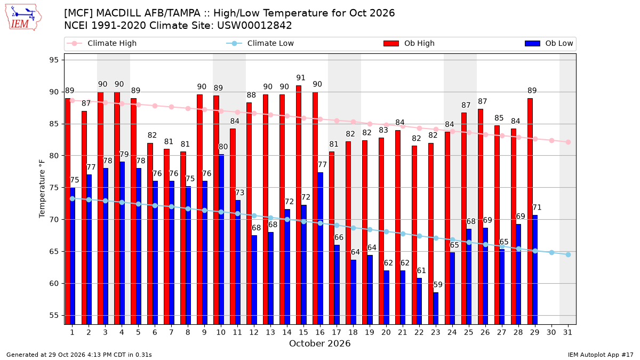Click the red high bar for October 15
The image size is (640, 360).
299,205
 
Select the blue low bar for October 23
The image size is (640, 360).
436,308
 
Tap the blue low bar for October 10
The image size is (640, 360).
221,239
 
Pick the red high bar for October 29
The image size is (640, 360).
530,211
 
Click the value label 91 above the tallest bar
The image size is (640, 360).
301,78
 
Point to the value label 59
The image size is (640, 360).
438,285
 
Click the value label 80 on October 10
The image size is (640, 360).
223,147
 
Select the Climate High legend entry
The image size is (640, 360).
101,43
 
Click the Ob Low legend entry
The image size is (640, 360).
549,43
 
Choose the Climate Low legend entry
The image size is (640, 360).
260,43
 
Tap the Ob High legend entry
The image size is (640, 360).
409,43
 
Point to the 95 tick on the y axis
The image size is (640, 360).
54,60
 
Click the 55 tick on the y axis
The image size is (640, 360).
54,315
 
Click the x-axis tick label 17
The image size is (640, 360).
337,332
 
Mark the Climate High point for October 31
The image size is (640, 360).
568,142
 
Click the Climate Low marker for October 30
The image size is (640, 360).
551,253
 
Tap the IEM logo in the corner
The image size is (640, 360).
23,18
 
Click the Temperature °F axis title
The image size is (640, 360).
42,189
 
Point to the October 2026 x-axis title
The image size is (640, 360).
319,343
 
